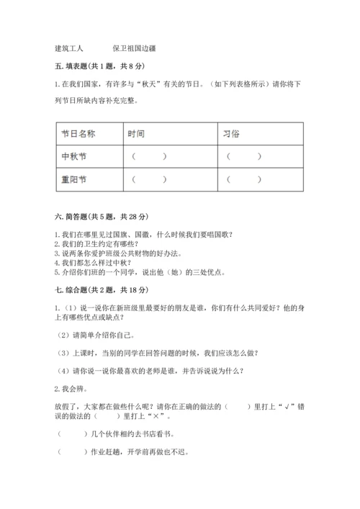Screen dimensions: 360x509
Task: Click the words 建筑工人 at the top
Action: pos(68,49)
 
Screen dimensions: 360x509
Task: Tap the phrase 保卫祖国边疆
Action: pos(135,49)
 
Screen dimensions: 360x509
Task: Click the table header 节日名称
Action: pos(78,134)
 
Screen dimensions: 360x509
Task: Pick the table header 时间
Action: pos(136,134)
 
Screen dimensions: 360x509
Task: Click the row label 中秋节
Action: pos(74,156)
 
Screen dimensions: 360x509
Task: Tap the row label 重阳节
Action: pos(74,179)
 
